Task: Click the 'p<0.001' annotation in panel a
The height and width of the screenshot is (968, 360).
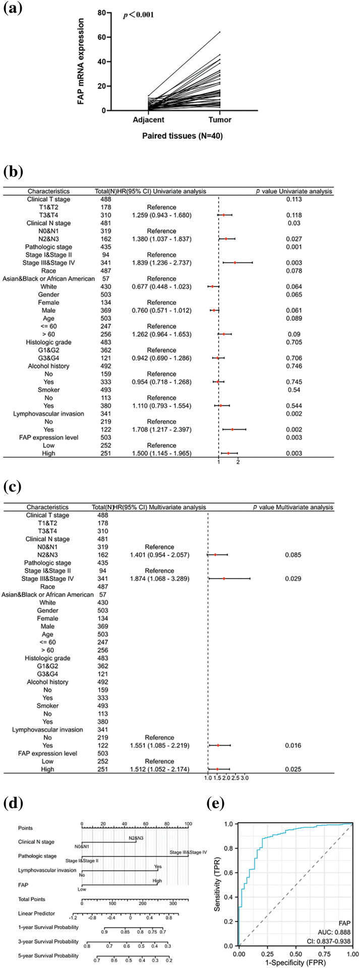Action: (x=139, y=15)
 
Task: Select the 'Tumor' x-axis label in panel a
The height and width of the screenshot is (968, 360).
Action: (x=220, y=120)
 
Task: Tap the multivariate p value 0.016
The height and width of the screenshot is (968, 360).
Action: (x=292, y=745)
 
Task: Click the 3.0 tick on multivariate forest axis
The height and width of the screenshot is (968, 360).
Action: (x=245, y=778)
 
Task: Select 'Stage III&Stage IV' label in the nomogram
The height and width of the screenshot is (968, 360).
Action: (x=188, y=852)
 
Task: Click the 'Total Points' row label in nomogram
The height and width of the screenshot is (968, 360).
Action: (x=32, y=899)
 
